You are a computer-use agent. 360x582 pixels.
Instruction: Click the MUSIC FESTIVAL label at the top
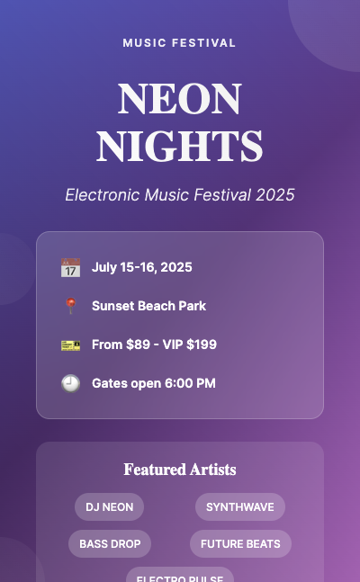(180, 42)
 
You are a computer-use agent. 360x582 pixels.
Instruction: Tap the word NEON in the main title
(180, 99)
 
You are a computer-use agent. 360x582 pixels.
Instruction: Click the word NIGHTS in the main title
(180, 147)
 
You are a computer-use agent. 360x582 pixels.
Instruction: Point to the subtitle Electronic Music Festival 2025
(180, 195)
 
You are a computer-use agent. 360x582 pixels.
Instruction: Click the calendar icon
(70, 268)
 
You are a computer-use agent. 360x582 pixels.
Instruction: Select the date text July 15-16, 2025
(141, 267)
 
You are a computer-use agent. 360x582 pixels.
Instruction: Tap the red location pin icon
(70, 307)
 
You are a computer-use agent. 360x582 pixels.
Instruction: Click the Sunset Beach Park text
(148, 306)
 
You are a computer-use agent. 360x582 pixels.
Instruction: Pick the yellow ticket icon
(70, 345)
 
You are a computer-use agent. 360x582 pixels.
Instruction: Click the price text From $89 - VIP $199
(154, 345)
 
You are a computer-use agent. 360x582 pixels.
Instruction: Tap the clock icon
(70, 384)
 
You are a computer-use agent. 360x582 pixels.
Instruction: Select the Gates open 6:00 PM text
(154, 383)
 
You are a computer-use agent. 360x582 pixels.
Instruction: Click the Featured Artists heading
(180, 470)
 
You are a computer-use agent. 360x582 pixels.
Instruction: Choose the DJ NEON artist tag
(109, 507)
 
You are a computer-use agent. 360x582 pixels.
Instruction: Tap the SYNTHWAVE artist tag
(240, 507)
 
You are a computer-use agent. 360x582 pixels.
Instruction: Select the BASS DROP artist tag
(110, 544)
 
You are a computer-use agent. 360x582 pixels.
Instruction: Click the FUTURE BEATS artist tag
(240, 544)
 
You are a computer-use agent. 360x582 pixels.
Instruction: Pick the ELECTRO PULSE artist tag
(180, 577)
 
